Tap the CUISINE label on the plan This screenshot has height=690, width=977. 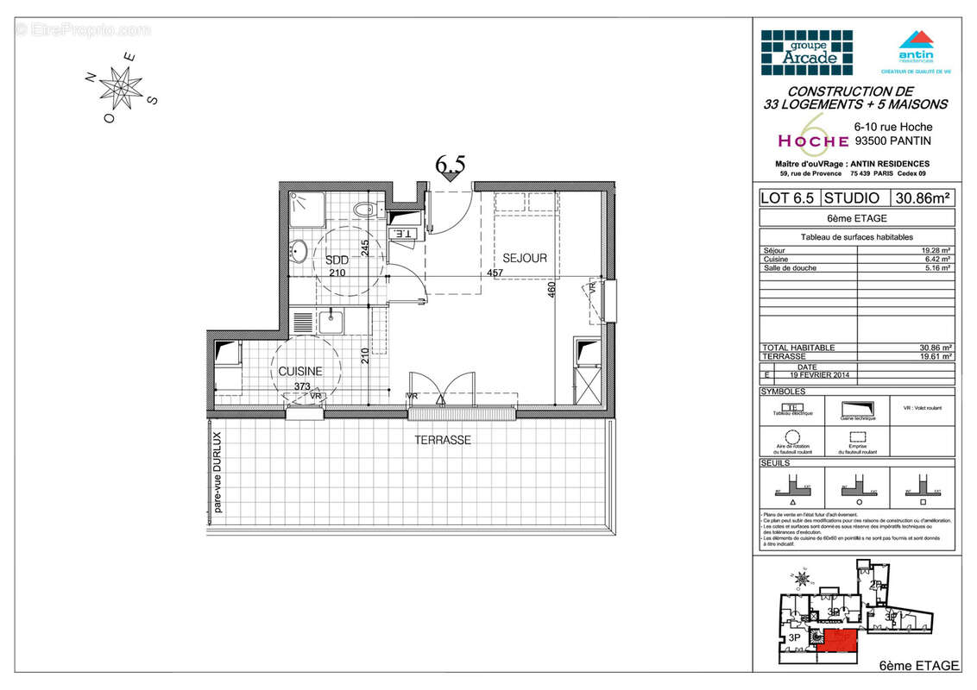(x=300, y=372)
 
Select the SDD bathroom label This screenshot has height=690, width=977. (x=337, y=260)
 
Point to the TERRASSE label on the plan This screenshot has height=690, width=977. (x=442, y=440)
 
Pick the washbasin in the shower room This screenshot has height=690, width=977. (x=299, y=252)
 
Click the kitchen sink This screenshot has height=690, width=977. (x=331, y=323)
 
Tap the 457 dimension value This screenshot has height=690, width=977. (x=495, y=273)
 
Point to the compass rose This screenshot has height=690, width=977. (x=121, y=86)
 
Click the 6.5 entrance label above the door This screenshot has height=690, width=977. (x=450, y=164)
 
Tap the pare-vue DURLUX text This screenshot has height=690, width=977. (x=217, y=473)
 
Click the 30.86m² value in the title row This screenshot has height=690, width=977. (x=923, y=198)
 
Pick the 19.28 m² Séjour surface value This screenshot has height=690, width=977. (x=936, y=251)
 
